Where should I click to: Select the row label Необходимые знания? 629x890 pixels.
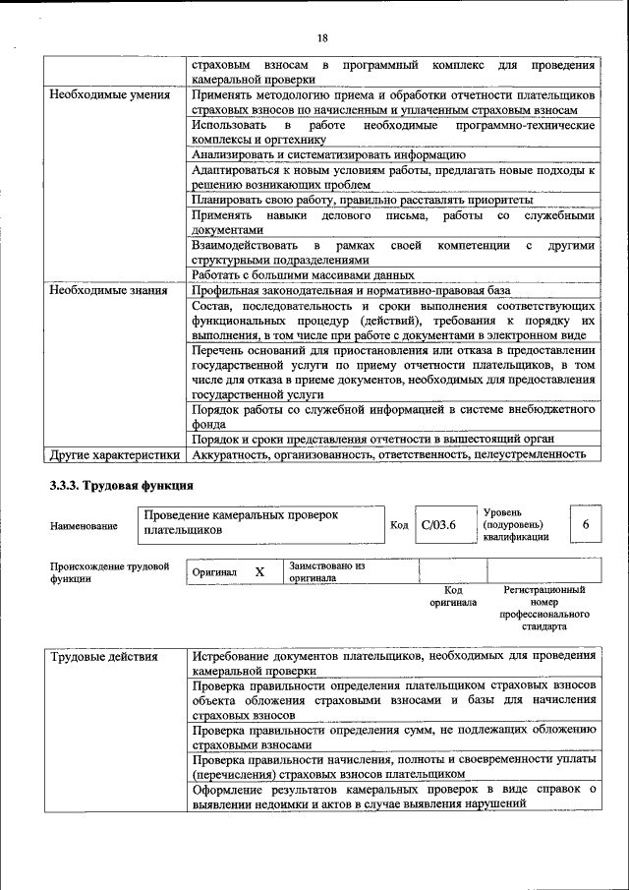click(x=109, y=291)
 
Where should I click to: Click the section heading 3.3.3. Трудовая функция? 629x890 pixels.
click(x=121, y=486)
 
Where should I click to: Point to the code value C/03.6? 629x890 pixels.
click(x=438, y=526)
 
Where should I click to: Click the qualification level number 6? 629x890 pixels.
click(x=586, y=525)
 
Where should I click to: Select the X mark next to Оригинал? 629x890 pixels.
click(x=259, y=571)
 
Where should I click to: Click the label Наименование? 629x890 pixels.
click(x=84, y=526)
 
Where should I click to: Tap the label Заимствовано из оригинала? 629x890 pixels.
click(x=327, y=572)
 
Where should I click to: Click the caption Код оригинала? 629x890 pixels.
click(x=453, y=595)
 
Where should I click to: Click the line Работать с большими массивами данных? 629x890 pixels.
click(x=303, y=275)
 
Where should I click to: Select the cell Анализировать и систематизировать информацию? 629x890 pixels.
click(x=328, y=154)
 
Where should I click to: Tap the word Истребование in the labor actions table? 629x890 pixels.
click(x=234, y=655)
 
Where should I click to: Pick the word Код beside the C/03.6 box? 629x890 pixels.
click(x=399, y=526)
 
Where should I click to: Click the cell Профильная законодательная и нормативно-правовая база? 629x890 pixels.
click(x=351, y=291)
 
